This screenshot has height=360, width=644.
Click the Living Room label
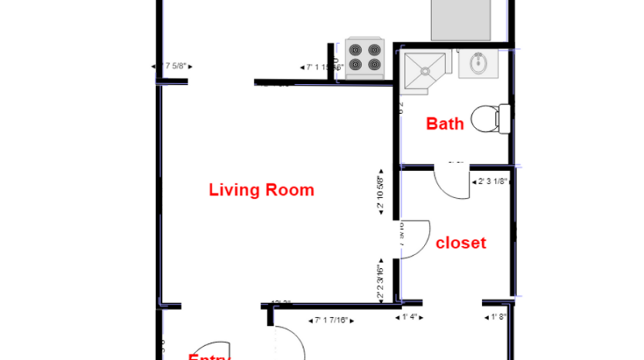261,190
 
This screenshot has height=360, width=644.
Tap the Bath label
445,123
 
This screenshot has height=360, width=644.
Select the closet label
461,243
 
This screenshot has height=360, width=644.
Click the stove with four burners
364,57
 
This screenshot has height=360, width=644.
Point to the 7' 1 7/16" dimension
329,319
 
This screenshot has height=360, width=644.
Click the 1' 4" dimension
410,317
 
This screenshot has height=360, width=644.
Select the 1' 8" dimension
497,317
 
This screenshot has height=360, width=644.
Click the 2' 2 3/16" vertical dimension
380,281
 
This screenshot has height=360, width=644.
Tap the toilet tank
504,119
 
